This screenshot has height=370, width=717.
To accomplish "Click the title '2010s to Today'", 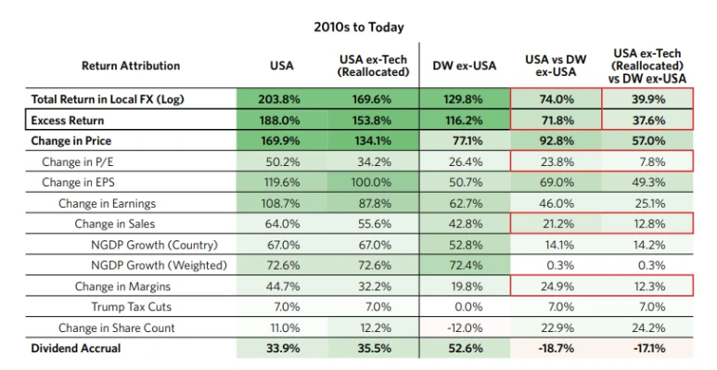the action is [x=358, y=28].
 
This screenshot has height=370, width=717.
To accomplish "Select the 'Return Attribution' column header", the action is [x=131, y=66].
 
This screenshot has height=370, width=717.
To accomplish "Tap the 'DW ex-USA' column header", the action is [x=464, y=66].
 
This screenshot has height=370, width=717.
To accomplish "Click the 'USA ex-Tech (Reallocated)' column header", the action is [x=373, y=66].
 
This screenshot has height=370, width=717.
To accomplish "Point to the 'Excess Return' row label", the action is [x=67, y=121].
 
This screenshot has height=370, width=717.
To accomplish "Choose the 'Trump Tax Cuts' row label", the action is [x=131, y=306].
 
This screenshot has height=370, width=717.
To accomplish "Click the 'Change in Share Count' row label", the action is [x=116, y=327].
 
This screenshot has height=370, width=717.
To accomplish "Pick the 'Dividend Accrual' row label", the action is [x=76, y=348].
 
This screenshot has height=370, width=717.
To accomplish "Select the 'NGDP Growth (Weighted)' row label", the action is [x=159, y=265].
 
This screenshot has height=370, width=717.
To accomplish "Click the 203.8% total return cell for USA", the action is [x=279, y=99].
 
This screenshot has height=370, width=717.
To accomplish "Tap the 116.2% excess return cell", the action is [x=463, y=121].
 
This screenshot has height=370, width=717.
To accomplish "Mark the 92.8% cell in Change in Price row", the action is [x=556, y=140].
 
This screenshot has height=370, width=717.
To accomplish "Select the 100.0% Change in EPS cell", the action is [x=371, y=183].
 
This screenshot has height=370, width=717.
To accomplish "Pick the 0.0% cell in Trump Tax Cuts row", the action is [x=468, y=306].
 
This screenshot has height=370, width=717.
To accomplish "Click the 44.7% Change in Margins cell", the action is [x=283, y=287].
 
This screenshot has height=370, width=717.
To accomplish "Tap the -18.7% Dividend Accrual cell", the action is [x=557, y=348].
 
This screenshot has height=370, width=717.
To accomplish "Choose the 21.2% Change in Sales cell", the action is [x=557, y=223].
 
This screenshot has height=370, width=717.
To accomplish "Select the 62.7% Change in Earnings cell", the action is [x=466, y=203].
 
